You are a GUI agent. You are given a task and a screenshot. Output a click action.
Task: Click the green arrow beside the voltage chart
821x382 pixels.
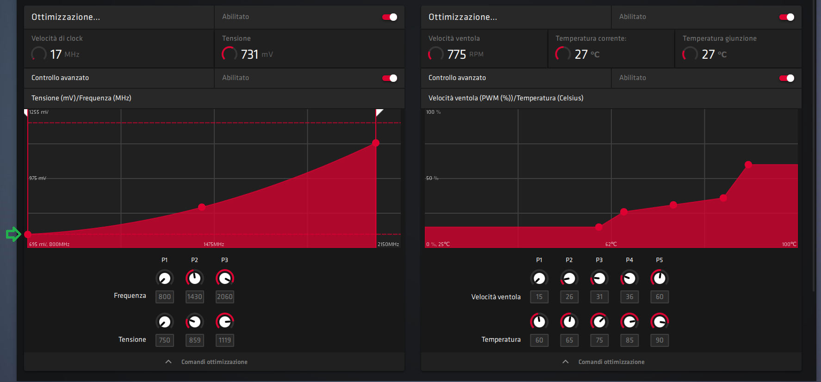(13, 234)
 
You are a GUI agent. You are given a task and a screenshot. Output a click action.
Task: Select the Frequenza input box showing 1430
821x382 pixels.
(194, 297)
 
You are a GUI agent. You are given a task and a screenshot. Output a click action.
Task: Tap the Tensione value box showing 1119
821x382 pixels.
(224, 340)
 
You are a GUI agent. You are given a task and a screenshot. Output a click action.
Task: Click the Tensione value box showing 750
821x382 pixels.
(164, 340)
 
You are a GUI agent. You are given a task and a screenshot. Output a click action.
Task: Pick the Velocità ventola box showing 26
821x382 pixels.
(569, 297)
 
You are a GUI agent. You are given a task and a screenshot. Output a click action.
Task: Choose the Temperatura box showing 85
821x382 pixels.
(629, 340)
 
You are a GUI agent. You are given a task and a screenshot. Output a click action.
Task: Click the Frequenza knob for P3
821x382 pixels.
(224, 278)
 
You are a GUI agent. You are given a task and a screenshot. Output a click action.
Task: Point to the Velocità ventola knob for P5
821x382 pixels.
(659, 278)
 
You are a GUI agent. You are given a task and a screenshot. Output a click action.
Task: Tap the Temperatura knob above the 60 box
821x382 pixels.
(539, 321)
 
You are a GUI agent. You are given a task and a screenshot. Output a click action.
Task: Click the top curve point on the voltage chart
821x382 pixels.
(376, 143)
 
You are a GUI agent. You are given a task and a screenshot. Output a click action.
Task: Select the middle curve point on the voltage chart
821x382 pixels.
(202, 207)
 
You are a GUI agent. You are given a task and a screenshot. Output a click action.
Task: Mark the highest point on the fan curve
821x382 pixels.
(748, 165)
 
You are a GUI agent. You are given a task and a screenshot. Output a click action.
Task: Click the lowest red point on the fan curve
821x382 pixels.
(599, 227)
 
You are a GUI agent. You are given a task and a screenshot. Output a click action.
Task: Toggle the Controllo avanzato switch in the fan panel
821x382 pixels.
(786, 78)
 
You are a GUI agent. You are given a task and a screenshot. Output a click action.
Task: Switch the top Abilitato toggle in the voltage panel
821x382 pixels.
(389, 17)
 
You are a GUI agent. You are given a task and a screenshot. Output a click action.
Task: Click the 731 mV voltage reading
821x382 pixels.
(250, 55)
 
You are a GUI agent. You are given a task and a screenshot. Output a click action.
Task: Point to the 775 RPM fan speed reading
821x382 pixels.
(457, 55)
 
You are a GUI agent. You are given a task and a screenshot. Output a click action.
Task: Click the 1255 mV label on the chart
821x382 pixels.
(39, 112)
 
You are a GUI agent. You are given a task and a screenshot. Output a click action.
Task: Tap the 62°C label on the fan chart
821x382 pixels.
(611, 244)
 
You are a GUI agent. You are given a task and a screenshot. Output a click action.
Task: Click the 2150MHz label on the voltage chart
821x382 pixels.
(388, 244)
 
